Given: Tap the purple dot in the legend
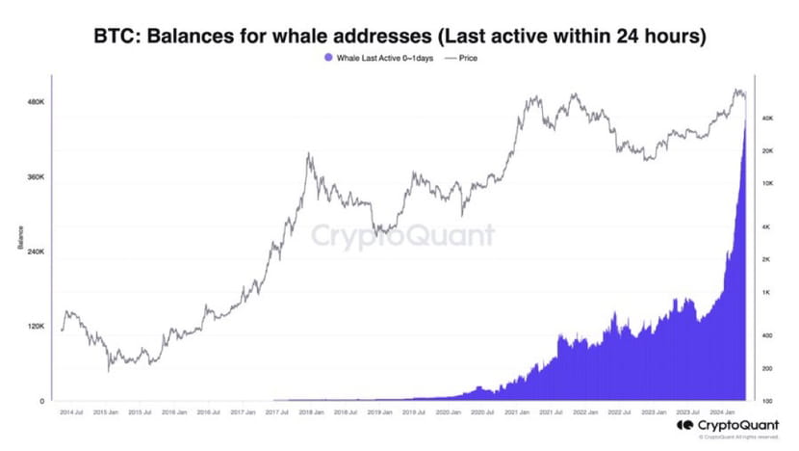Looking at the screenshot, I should pyautogui.click(x=328, y=58).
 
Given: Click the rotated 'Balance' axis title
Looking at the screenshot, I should pyautogui.click(x=20, y=237).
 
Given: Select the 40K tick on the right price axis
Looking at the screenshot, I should pyautogui.click(x=769, y=119).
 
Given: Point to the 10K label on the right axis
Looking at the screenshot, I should pyautogui.click(x=769, y=183).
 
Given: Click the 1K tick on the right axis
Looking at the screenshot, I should pyautogui.click(x=770, y=292).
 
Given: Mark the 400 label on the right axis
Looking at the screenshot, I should pyautogui.click(x=770, y=335).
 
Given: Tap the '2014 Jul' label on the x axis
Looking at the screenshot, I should pyautogui.click(x=70, y=411).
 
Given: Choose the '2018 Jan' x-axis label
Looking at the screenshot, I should pyautogui.click(x=311, y=411).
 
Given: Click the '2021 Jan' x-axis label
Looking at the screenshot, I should pyautogui.click(x=519, y=411).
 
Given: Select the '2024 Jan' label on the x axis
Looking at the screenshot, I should pyautogui.click(x=725, y=411).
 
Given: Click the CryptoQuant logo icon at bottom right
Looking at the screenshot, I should pyautogui.click(x=684, y=425).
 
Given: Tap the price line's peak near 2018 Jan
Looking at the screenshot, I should pyautogui.click(x=308, y=153).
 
